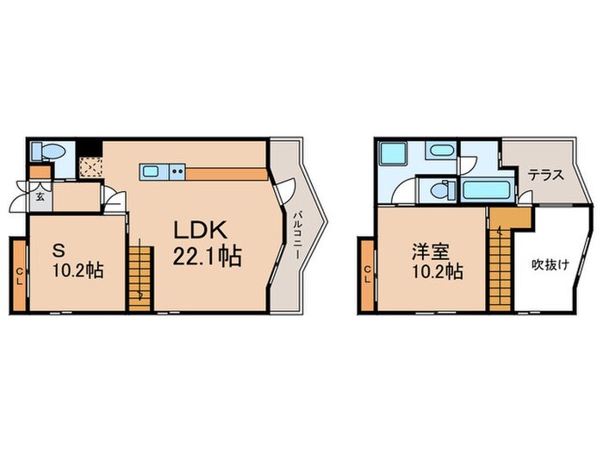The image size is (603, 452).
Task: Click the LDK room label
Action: coord(201,231)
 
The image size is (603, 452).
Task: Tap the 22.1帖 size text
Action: coord(208,256)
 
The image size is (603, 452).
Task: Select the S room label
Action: coord(59,251)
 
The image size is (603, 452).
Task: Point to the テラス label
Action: coord(545,174)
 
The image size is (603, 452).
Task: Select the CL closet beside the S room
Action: coord(19,276)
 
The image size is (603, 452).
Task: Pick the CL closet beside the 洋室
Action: coord(368,276)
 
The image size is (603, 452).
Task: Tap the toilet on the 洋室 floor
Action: coord(439,189)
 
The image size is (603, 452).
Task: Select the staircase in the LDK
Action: coord(139,270)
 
